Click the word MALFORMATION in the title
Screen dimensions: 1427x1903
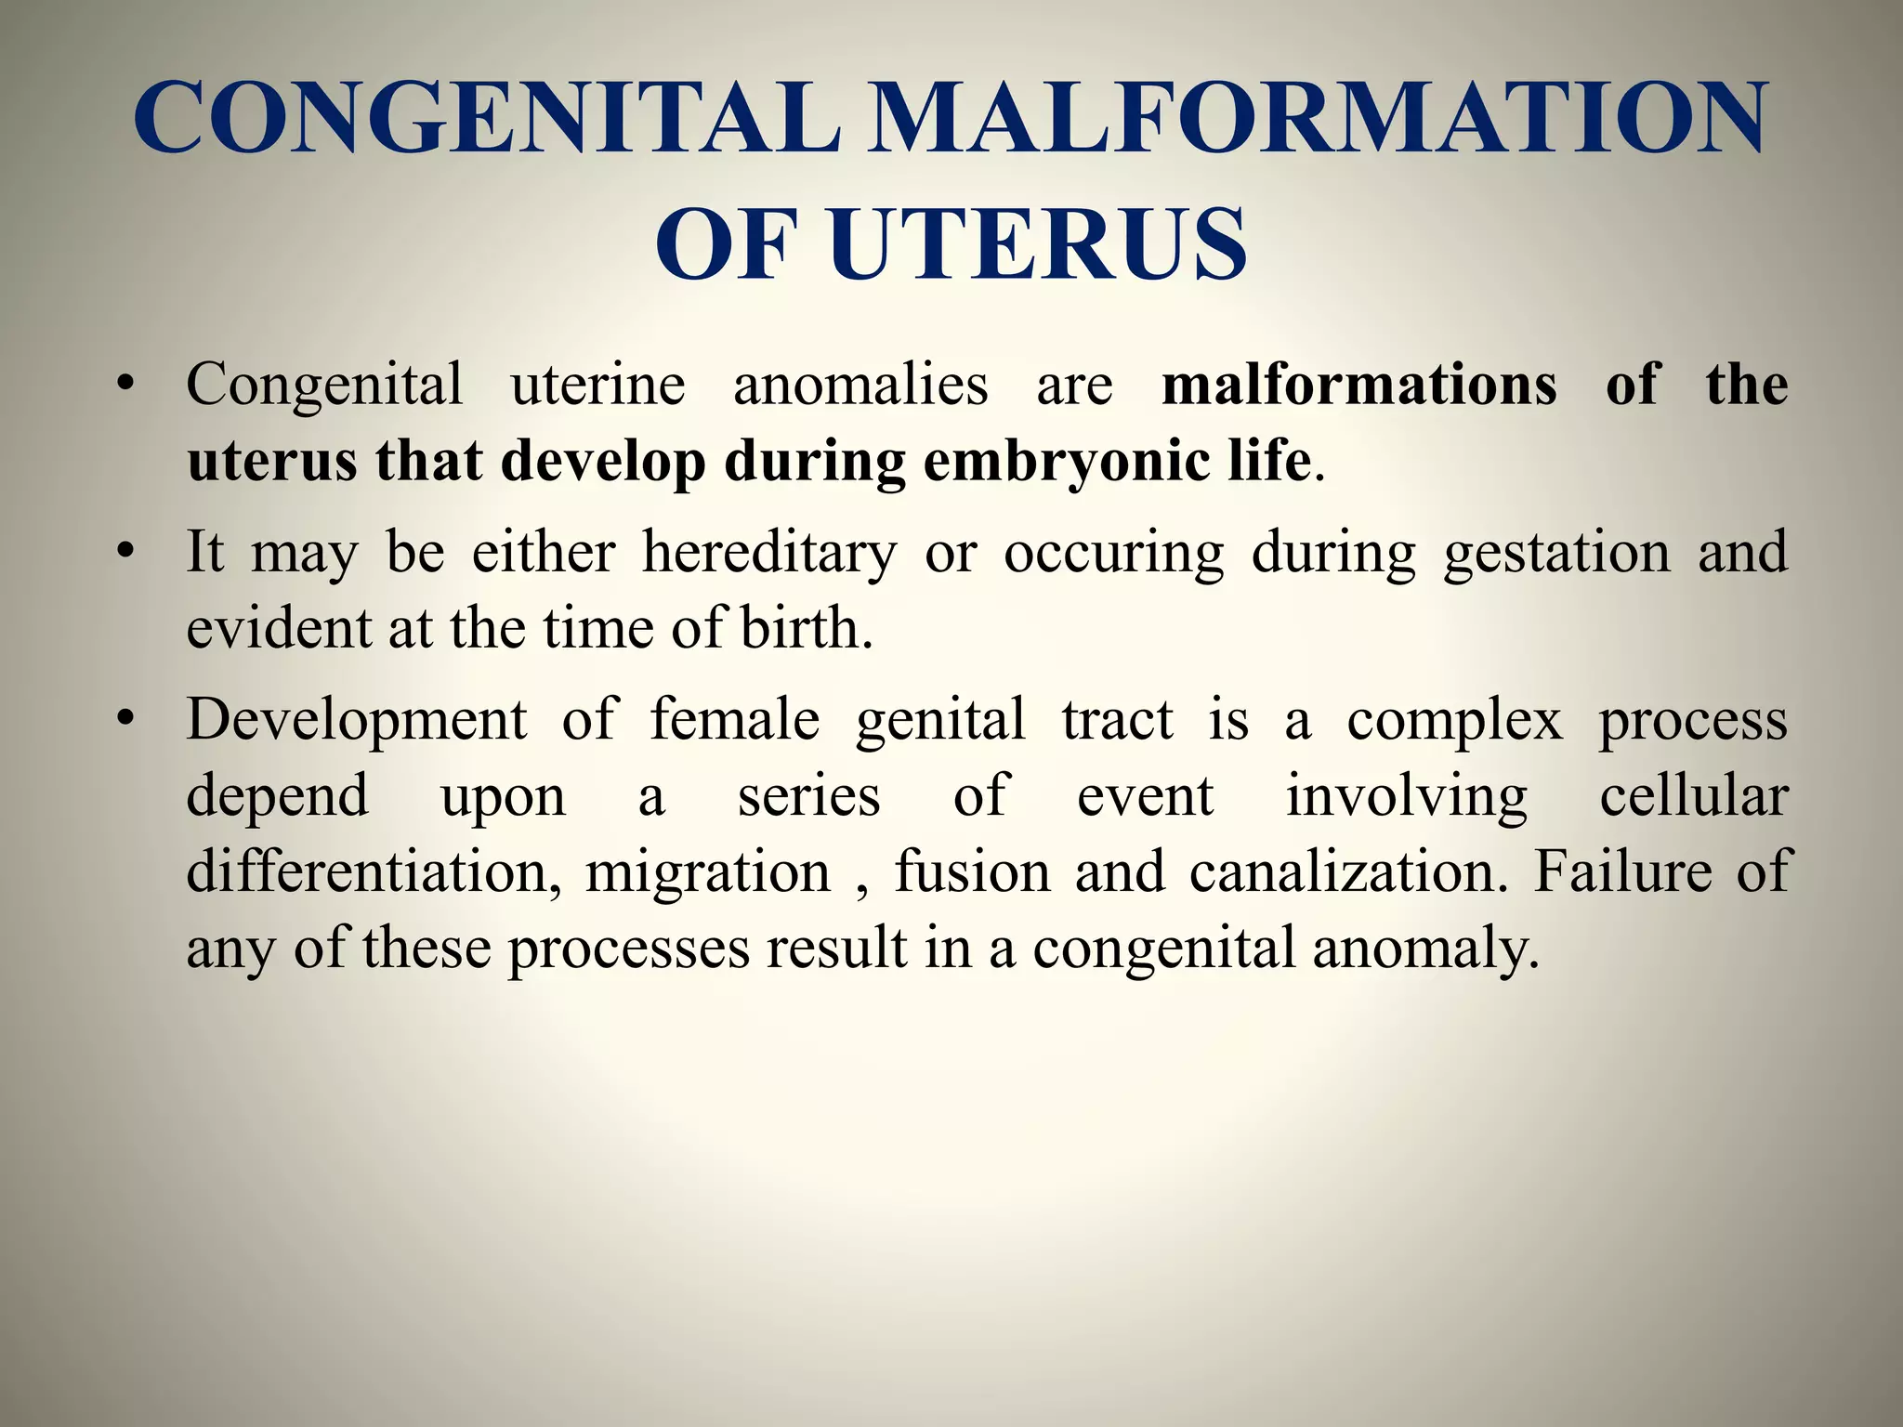[1316, 118]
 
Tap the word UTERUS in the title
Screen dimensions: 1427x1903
[1038, 244]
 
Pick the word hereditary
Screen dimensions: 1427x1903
[769, 552]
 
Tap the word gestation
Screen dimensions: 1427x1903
[1556, 554]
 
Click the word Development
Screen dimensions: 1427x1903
[356, 721]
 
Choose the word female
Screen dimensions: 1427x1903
[734, 719]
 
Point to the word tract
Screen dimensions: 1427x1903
[1118, 721]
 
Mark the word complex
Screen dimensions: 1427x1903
[1455, 721]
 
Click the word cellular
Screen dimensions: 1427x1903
[1693, 796]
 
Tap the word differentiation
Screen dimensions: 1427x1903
[374, 872]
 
